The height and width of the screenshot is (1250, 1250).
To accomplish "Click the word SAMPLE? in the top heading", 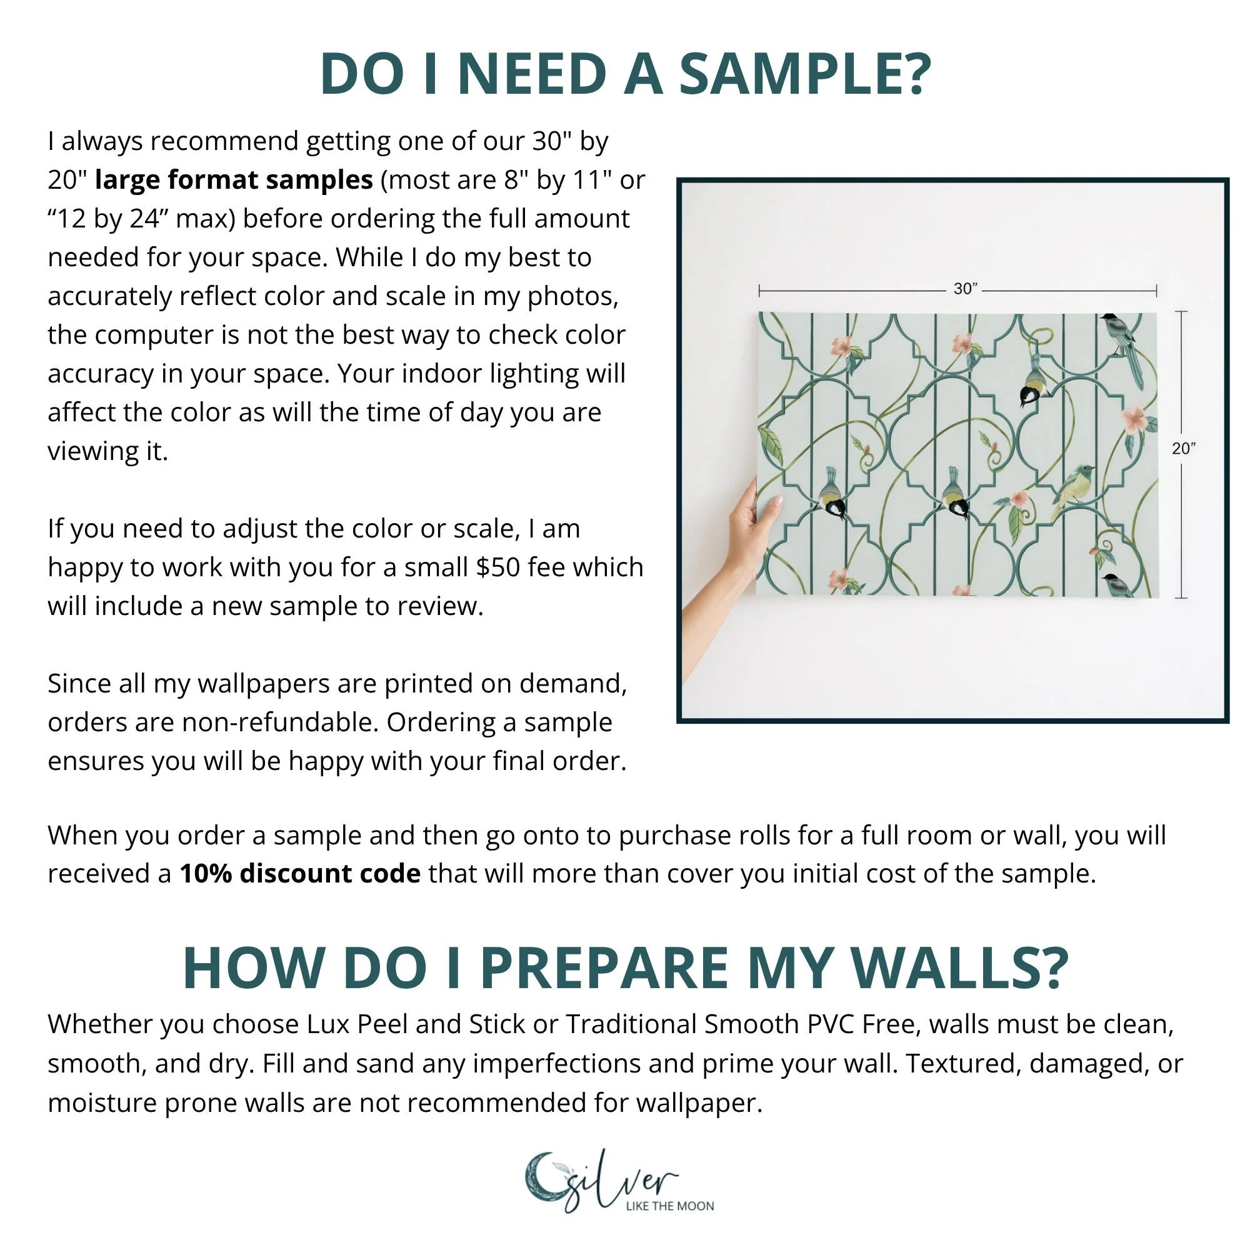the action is coord(805,74).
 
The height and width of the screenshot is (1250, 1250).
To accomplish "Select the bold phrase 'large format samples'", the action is coord(234,180).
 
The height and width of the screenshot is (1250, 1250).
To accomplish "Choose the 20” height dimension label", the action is coord(1183,448).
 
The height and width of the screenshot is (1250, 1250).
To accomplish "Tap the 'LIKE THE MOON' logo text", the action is coord(669,1206).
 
